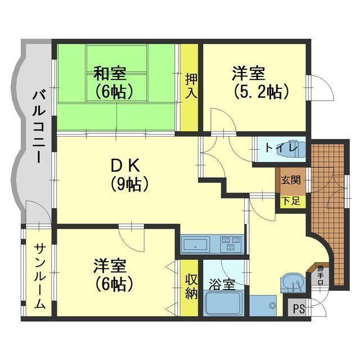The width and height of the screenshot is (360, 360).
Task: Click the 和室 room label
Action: coord(110,74)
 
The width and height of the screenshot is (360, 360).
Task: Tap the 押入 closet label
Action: coord(191,86)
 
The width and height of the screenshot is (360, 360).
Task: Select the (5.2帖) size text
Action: coord(261,92)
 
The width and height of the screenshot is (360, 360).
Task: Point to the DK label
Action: coord(125,165)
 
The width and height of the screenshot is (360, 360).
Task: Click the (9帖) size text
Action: coord(129,184)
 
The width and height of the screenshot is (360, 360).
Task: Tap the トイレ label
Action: coord(281,147)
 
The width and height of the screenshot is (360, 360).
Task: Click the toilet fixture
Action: coord(298,148)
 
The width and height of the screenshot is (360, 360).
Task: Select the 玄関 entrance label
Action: coord(291,180)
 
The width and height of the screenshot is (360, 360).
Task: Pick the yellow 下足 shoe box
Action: coord(292,201)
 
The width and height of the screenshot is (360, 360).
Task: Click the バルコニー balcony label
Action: coord(39,127)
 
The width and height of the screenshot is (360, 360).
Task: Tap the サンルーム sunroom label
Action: coord(40,276)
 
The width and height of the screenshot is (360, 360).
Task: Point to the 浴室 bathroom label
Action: coord(222,285)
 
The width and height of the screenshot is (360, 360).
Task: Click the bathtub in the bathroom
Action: coord(223,303)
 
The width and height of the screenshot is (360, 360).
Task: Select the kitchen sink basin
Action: coord(195,244)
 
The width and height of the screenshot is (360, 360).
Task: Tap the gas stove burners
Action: coord(230,244)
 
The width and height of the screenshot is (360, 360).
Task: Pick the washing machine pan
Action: coord(263,305)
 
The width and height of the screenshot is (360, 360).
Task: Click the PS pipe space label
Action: coord(299,309)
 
